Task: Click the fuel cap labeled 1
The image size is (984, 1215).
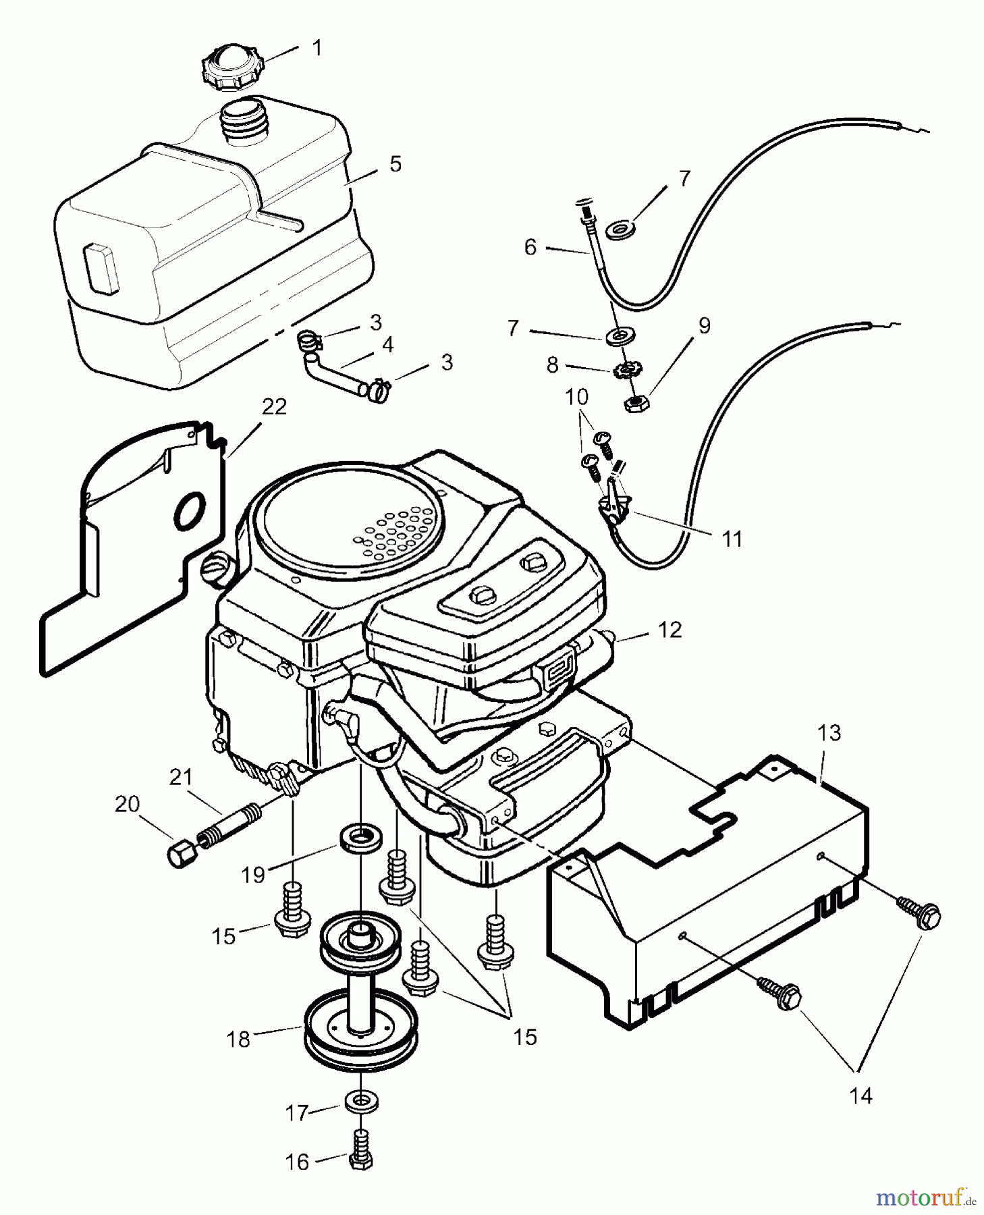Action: click(x=233, y=65)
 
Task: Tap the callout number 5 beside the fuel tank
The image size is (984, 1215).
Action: click(x=395, y=164)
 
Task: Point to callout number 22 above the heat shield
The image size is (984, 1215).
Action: click(x=274, y=406)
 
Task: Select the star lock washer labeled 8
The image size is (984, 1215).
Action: click(x=628, y=370)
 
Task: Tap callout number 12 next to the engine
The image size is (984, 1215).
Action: click(x=669, y=630)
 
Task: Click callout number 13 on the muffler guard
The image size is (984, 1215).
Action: click(x=829, y=732)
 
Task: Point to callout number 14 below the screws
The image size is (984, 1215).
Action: click(x=860, y=1096)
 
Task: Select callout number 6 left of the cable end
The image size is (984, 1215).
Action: click(x=530, y=248)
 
